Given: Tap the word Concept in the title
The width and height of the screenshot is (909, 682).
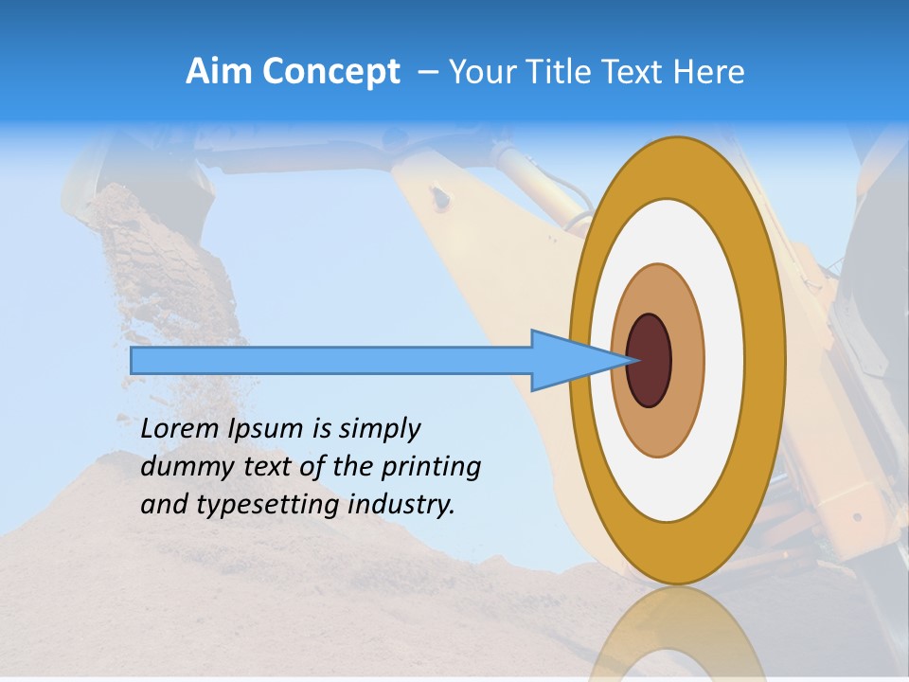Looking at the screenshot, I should point(331,72).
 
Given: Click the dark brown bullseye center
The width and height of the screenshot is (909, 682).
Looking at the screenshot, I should point(649,360).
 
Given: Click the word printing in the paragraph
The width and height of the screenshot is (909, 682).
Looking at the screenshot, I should point(431,468).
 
